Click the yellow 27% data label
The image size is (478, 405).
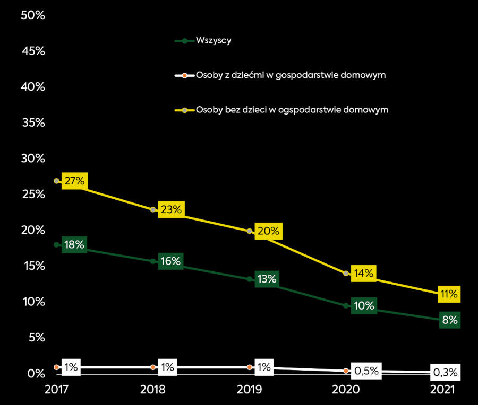[74, 181]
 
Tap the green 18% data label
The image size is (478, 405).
[74, 245]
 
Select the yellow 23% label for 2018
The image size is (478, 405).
[171, 209]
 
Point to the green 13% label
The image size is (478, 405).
[268, 279]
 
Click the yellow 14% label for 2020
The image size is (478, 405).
[364, 274]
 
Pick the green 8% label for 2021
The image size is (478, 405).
[449, 320]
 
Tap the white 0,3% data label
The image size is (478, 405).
[445, 372]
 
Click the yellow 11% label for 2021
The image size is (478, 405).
[449, 294]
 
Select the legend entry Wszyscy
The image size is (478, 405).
[213, 41]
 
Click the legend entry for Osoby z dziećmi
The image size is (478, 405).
[290, 75]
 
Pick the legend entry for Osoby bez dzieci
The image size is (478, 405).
[292, 110]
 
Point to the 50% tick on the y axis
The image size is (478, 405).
[32, 15]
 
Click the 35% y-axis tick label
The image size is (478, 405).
[32, 123]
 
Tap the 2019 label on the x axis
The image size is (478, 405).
[250, 390]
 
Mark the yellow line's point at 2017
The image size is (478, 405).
[56, 181]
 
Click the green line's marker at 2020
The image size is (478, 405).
[346, 305]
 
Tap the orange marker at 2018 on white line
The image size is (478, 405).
[153, 367]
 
